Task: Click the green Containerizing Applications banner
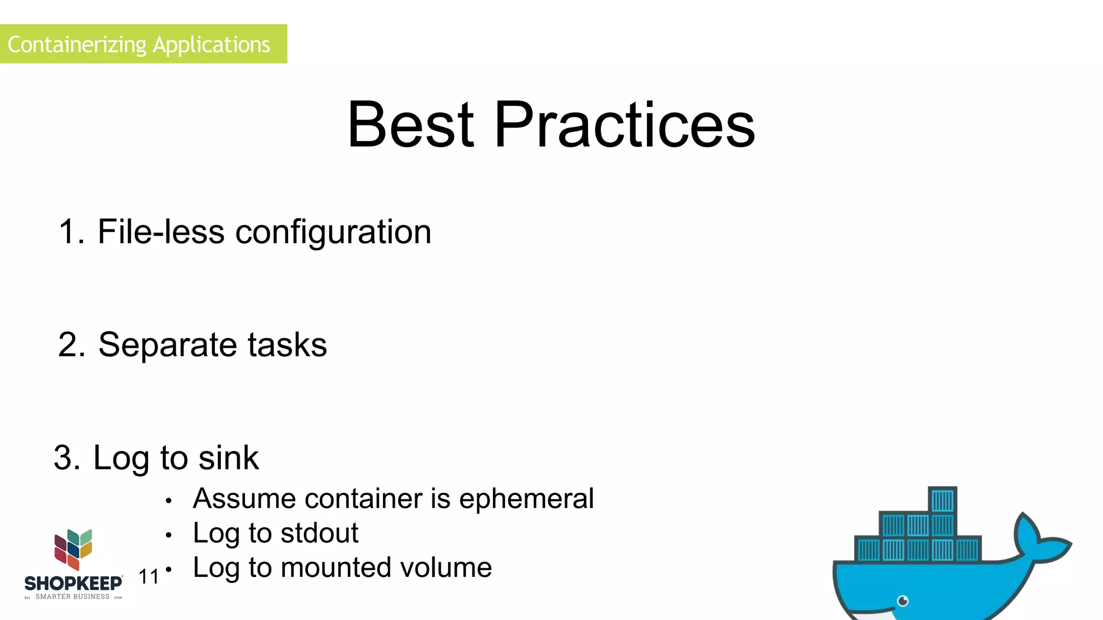pyautogui.click(x=143, y=44)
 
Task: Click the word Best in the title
pyautogui.click(x=410, y=125)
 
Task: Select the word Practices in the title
pyautogui.click(x=625, y=125)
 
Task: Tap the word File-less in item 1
pyautogui.click(x=160, y=232)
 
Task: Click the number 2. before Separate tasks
pyautogui.click(x=71, y=345)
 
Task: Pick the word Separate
pyautogui.click(x=167, y=345)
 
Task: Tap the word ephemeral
pyautogui.click(x=526, y=498)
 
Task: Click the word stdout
pyautogui.click(x=319, y=533)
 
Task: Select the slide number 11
pyautogui.click(x=149, y=577)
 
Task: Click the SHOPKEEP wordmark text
pyautogui.click(x=73, y=583)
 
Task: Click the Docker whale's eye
pyautogui.click(x=903, y=601)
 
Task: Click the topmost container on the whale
pyautogui.click(x=943, y=500)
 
